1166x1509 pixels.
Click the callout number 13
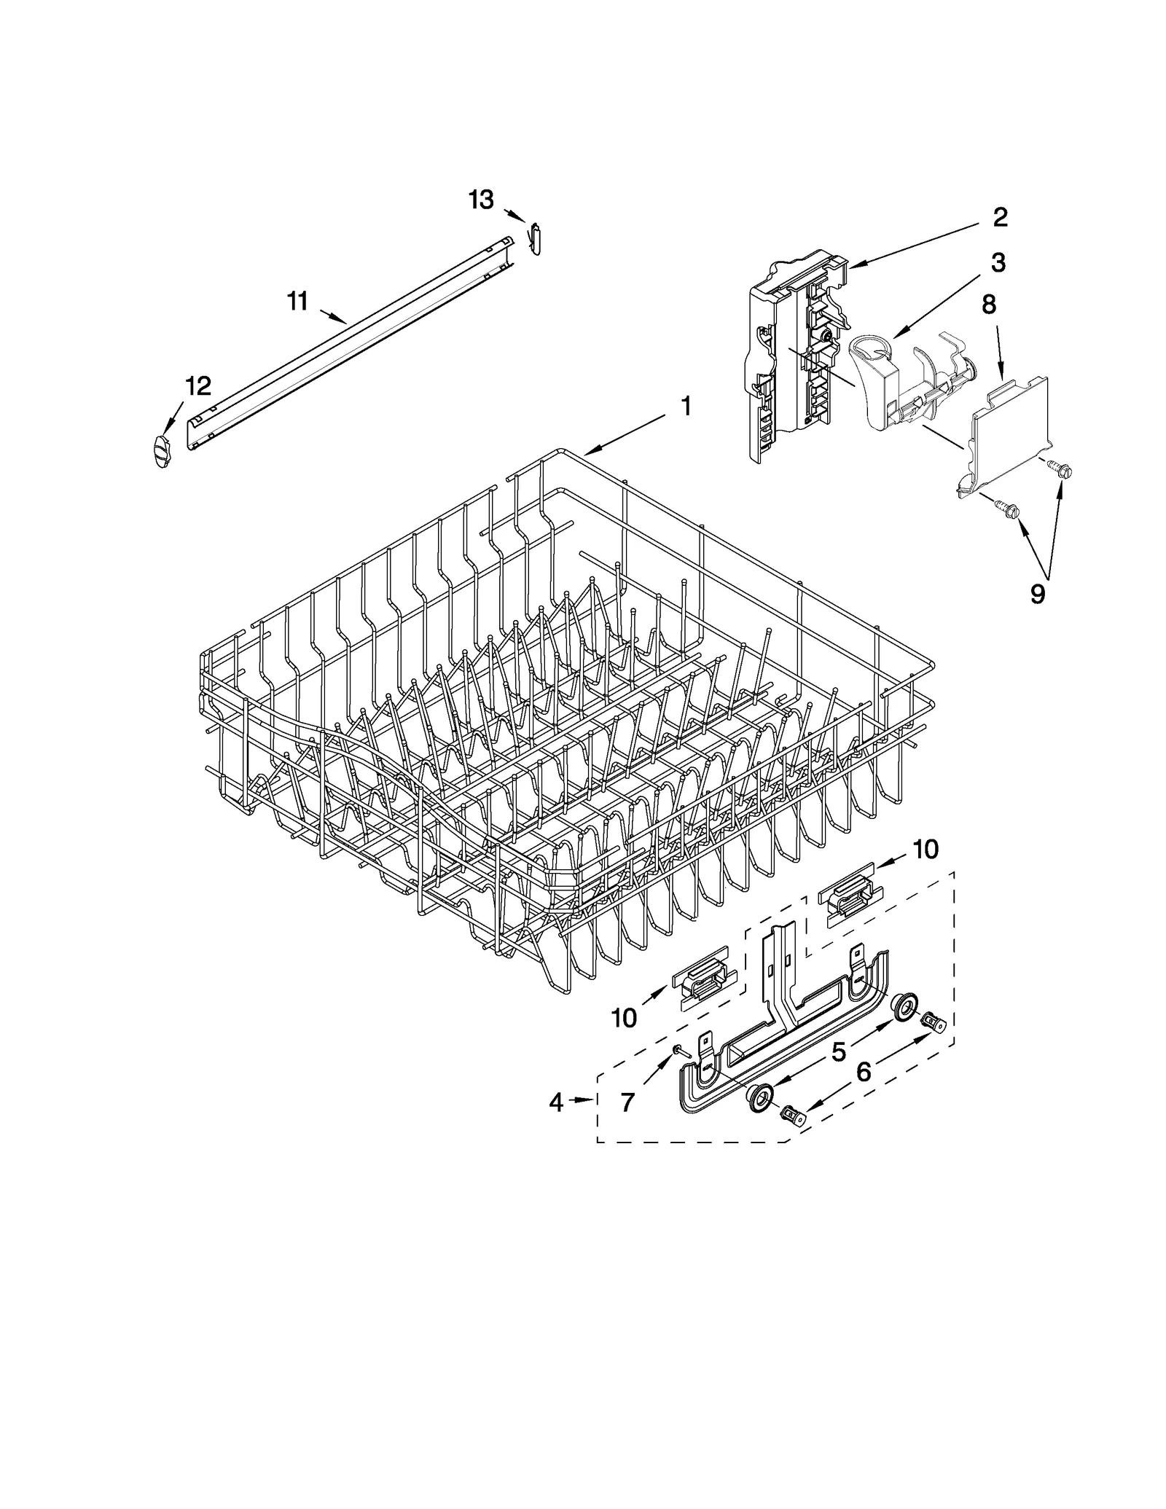[x=481, y=199]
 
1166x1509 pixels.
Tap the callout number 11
[x=297, y=301]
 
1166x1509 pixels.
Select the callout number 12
[x=198, y=386]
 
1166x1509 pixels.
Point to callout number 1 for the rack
[x=685, y=407]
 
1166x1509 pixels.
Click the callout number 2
[x=1001, y=216]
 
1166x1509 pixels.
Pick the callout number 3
[x=998, y=263]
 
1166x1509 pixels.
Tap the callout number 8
[x=988, y=305]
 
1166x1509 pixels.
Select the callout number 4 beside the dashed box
[x=556, y=1103]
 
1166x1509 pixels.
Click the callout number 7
[x=628, y=1103]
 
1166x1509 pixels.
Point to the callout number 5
[x=839, y=1051]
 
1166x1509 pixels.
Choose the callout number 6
[x=864, y=1072]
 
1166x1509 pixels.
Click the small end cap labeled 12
[x=163, y=451]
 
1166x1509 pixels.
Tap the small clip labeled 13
[x=536, y=238]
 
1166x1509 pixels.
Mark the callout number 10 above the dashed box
[x=926, y=849]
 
